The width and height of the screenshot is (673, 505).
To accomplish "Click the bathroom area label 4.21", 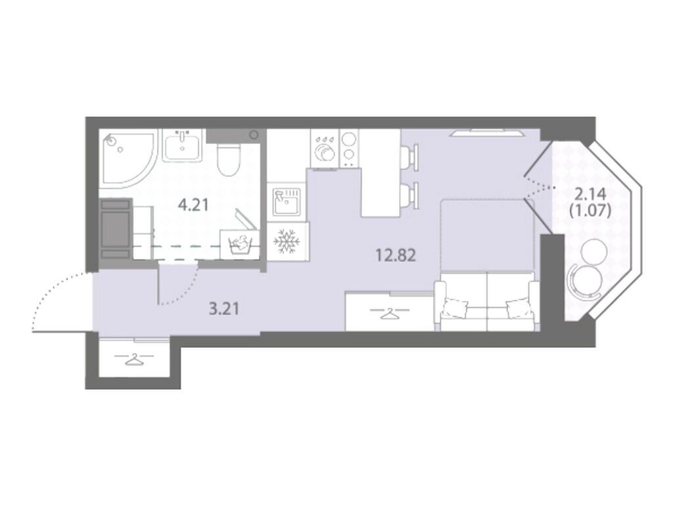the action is pos(193,205).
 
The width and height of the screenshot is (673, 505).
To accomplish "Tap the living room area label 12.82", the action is pos(396,256).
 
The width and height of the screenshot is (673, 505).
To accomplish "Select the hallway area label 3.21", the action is pos(223,308).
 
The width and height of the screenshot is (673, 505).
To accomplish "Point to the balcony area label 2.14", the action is pos(590,195).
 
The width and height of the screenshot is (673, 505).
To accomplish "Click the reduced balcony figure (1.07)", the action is pos(590,210).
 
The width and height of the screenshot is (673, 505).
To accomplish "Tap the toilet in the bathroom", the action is pos(227,159).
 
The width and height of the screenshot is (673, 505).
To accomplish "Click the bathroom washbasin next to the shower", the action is pos(183,145).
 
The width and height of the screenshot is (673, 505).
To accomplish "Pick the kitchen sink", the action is pos(287,201).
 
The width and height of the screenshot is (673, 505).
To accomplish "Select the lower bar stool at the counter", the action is pos(409,196).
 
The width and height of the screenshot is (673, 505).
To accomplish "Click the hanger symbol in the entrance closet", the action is pos(135,360).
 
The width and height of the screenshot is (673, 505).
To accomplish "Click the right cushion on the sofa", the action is pos(518,308).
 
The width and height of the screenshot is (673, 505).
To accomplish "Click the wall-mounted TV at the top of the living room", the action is pos(487,132).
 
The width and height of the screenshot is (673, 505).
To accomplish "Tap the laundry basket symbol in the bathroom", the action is pos(239,244).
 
